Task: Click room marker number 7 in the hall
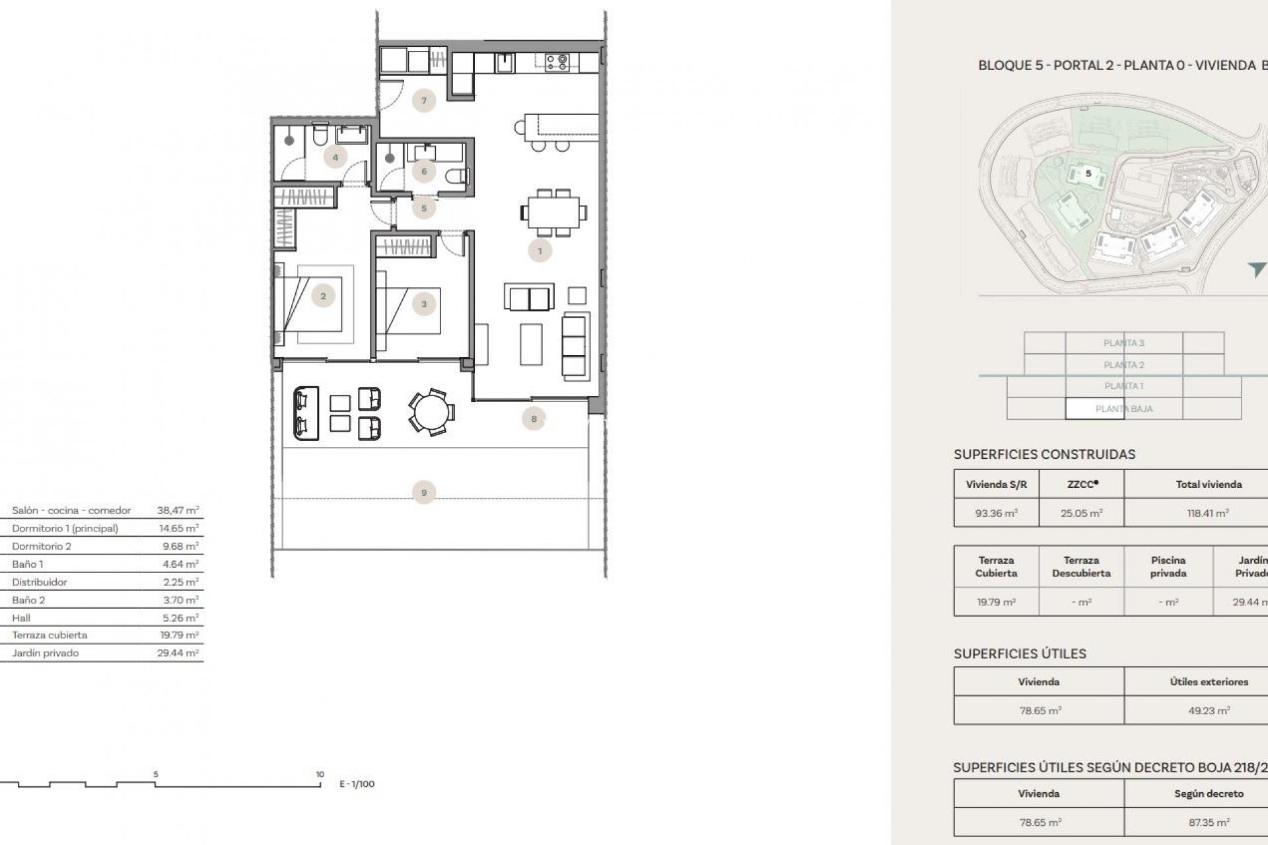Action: click(424, 101)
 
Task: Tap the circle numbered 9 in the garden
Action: click(424, 492)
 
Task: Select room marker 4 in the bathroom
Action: click(335, 157)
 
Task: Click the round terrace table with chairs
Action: click(431, 412)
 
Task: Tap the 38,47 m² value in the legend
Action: click(178, 510)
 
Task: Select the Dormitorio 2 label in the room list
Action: click(42, 546)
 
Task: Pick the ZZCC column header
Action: click(1082, 484)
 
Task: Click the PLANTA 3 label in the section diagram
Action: click(1123, 343)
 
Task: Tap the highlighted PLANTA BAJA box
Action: click(1123, 409)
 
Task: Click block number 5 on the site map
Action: click(1088, 174)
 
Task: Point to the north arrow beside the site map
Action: click(1256, 269)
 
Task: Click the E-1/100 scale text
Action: click(357, 784)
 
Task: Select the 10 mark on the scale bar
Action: click(320, 775)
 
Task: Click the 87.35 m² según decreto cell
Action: click(1209, 823)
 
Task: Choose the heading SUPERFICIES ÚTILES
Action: click(1020, 654)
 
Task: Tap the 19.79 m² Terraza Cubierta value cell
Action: click(996, 602)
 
